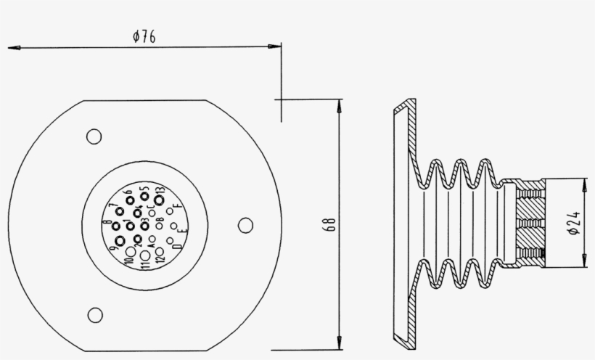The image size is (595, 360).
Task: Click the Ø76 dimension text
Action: pos(145,37)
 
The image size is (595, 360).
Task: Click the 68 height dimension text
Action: pos(330,224)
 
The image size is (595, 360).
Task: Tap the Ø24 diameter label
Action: pos(573,222)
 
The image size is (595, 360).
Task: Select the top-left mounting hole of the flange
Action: pos(94,136)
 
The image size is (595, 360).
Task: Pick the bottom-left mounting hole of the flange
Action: pos(94,314)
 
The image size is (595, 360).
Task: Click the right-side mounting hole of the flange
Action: pos(246,225)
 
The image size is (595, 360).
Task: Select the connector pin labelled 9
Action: pos(120,240)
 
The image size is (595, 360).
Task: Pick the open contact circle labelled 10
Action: pos(130,252)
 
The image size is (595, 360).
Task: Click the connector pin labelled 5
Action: pos(145,197)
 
